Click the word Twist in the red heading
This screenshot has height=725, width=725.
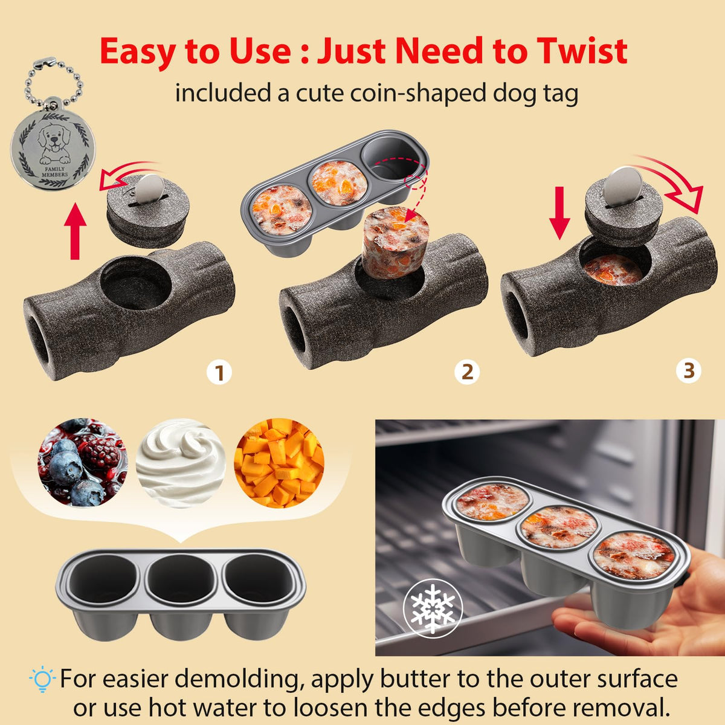pos(582,50)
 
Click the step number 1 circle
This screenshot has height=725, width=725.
pos(219,373)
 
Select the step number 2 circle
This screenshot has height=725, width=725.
pos(467,372)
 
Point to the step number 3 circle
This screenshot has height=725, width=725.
pos(689,370)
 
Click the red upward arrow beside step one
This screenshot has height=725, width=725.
pos(76,231)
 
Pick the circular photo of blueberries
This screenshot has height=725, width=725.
pos(82,463)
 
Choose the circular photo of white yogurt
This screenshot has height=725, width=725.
pos(181,463)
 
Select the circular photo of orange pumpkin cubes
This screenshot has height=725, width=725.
pos(279,463)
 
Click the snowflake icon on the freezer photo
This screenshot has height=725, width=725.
pos(433,608)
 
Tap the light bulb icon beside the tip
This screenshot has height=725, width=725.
pos(42,678)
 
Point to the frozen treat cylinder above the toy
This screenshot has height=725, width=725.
pos(395,243)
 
